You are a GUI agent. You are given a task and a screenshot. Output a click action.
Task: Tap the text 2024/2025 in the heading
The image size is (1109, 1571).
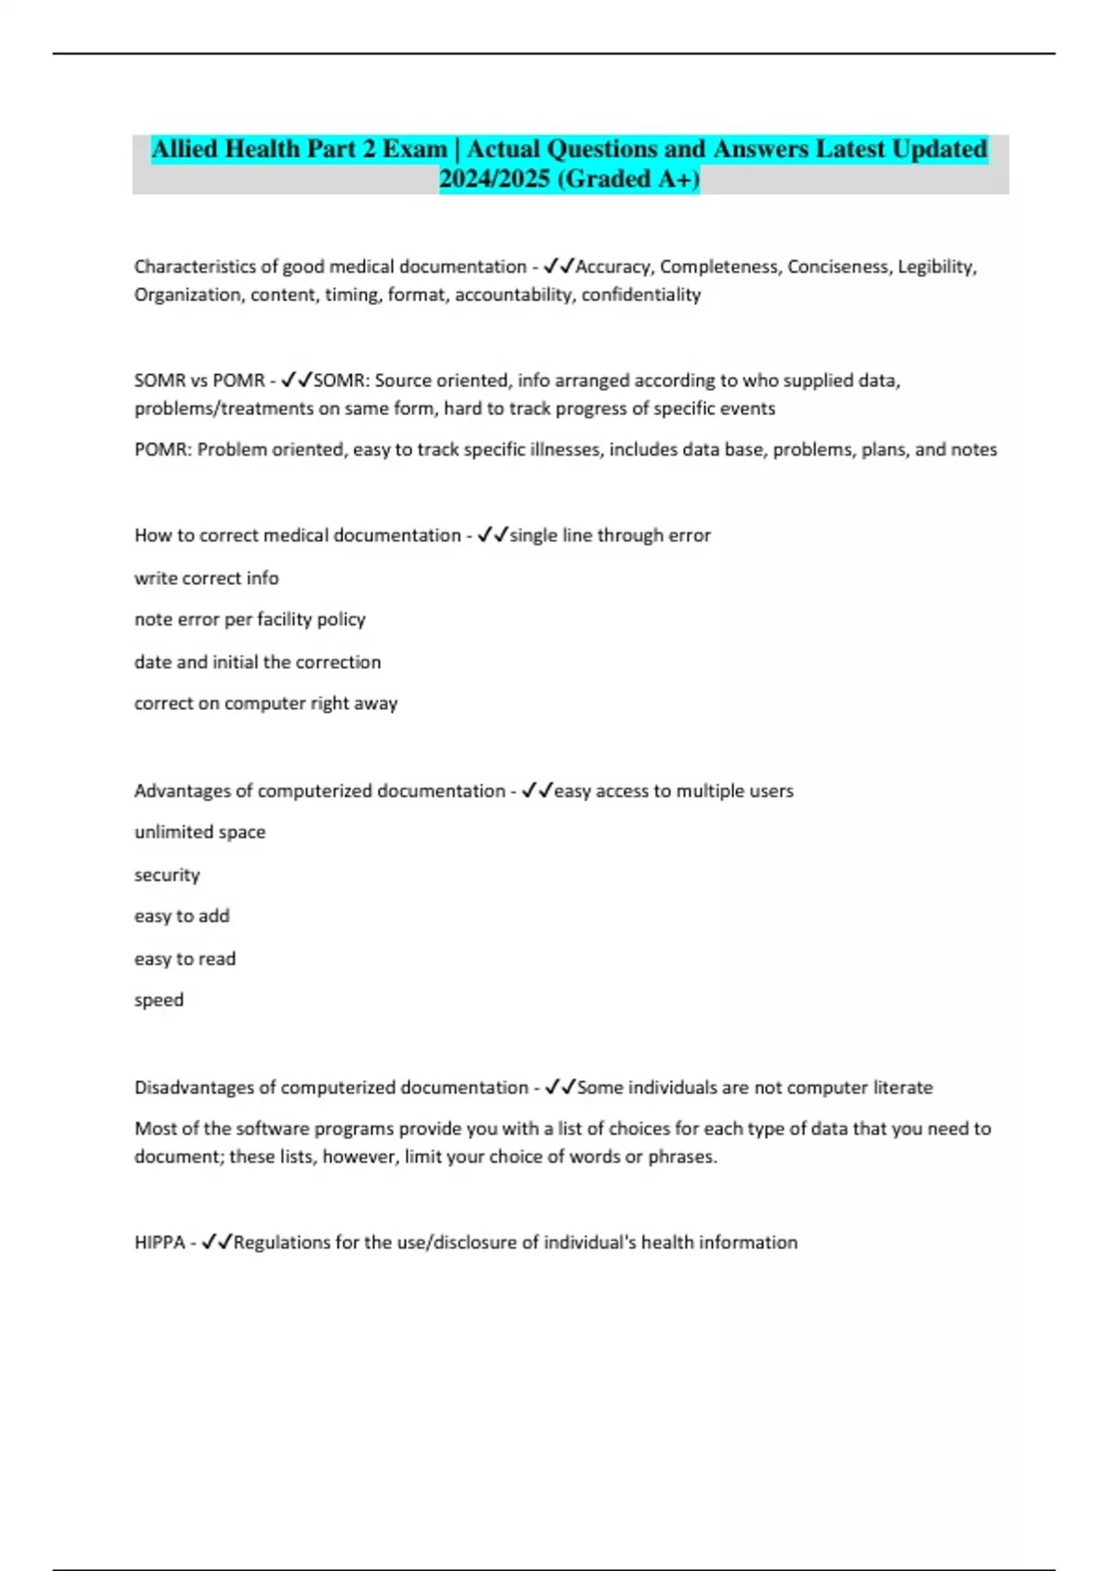click(494, 178)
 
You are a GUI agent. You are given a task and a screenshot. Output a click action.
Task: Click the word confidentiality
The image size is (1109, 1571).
click(640, 295)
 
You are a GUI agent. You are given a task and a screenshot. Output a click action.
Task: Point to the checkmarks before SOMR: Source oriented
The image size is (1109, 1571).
click(297, 380)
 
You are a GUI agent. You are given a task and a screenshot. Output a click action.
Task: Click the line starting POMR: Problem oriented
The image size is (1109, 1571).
click(566, 450)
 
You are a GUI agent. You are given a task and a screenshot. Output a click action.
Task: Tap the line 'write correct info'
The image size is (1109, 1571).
click(206, 578)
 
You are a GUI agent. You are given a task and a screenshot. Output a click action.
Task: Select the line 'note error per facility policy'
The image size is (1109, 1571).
click(250, 619)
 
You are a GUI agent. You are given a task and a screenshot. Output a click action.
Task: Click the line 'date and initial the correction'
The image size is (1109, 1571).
click(257, 662)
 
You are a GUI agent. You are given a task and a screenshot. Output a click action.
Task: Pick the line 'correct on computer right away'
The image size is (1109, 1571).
click(265, 703)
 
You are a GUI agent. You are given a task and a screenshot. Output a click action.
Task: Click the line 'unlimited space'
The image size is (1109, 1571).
click(200, 832)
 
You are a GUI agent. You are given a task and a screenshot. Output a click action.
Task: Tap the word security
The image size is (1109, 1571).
click(166, 874)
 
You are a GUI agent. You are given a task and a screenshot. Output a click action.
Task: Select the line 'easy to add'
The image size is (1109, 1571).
click(181, 916)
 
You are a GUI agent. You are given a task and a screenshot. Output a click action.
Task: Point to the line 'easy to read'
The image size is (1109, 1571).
click(185, 958)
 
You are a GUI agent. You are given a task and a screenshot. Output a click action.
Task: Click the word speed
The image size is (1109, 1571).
click(159, 1000)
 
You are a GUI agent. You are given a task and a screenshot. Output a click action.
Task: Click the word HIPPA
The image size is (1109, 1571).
click(159, 1243)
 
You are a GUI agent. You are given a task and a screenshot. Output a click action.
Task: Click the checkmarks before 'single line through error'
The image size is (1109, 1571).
click(493, 535)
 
